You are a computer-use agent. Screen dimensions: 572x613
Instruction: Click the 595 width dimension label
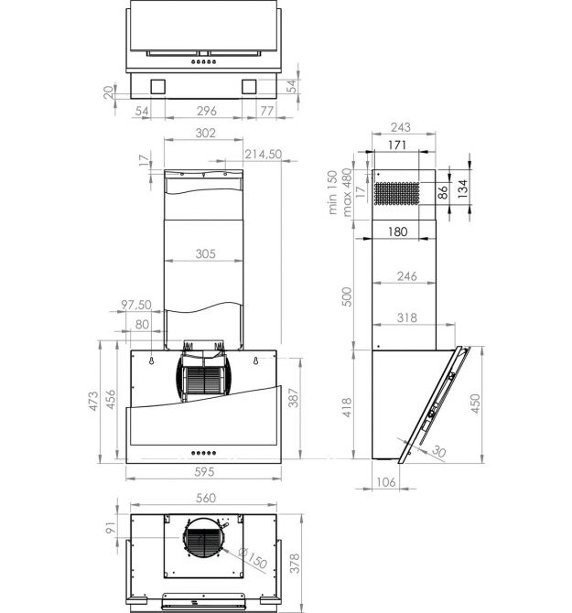(204, 472)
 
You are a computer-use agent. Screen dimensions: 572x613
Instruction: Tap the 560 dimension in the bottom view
(206, 498)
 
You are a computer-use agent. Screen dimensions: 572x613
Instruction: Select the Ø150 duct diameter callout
(253, 558)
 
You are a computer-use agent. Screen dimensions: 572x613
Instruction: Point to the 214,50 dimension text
(264, 154)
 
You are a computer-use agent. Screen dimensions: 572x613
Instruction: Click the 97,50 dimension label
(136, 305)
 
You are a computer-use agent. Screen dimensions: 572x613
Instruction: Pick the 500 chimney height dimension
(347, 296)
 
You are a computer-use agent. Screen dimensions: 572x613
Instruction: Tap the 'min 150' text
(332, 192)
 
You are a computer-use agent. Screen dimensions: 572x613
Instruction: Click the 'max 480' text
(347, 192)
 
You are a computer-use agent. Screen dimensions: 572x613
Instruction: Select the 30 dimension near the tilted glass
(439, 452)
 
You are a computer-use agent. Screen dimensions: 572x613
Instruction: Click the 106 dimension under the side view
(386, 482)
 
